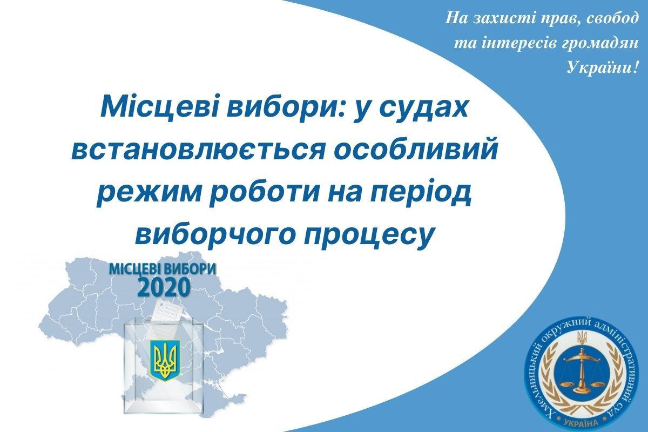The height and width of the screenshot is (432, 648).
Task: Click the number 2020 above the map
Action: pos(164,287)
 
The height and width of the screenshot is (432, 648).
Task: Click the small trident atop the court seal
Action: pos(582,338)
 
